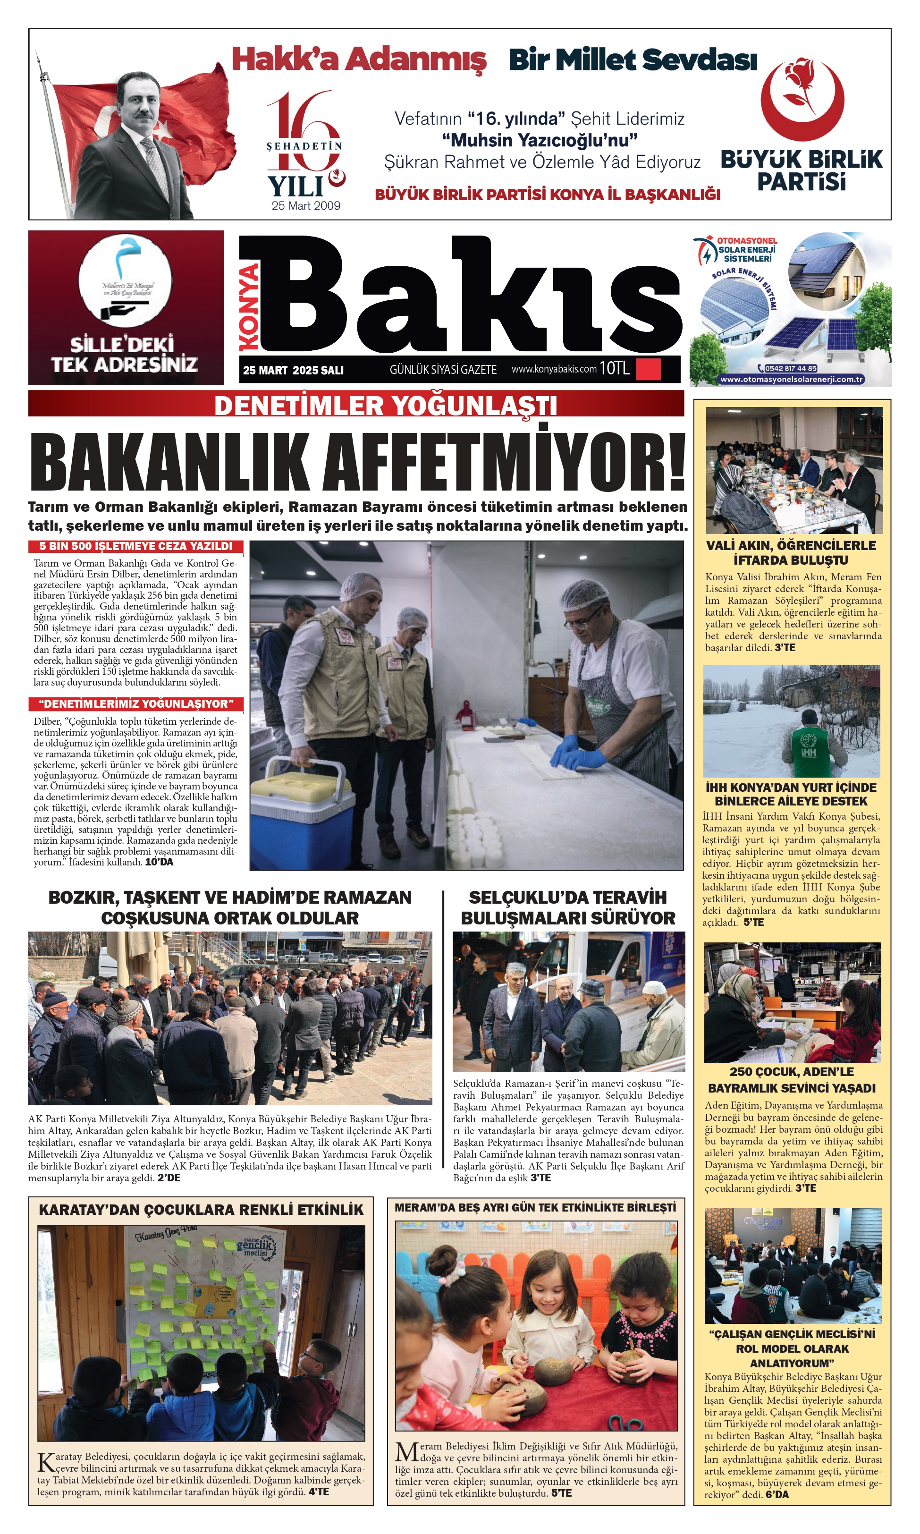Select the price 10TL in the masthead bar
[x=615, y=369]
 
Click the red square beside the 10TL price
[x=648, y=369]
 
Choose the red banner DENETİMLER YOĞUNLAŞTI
[x=385, y=406]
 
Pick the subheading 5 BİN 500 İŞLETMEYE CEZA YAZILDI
[x=136, y=546]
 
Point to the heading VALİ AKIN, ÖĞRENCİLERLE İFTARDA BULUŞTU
[x=791, y=552]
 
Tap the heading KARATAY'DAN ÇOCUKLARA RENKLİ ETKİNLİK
[x=201, y=1210]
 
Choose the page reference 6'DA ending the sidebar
[x=777, y=1494]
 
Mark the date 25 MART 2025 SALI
[x=293, y=370]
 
